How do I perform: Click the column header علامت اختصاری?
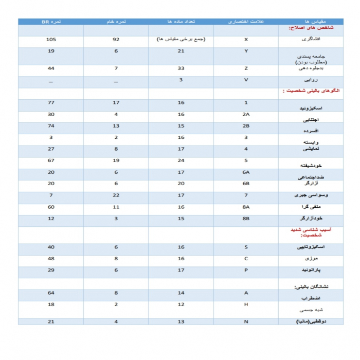point(246,22)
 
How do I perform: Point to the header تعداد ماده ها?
point(181,22)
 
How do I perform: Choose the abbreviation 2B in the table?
point(246,125)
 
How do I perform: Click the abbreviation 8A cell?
point(246,206)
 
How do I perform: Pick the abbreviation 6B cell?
point(246,183)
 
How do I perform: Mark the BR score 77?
point(51,103)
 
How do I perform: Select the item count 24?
point(181,160)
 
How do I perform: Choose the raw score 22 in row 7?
point(116,195)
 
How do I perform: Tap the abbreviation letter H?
point(246,304)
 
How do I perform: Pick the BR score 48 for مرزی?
point(51,258)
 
